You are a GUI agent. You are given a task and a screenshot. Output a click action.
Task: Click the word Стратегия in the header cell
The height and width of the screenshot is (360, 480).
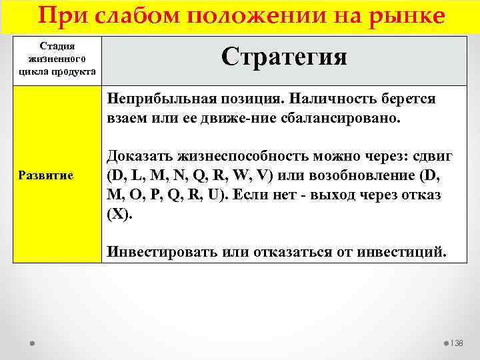[284, 57]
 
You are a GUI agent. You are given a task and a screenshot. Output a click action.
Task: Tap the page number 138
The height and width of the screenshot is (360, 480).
[457, 343]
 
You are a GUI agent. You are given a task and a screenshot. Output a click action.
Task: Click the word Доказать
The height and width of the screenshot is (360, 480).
[140, 157]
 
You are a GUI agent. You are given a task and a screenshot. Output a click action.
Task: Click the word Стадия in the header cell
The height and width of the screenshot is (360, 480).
[57, 46]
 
